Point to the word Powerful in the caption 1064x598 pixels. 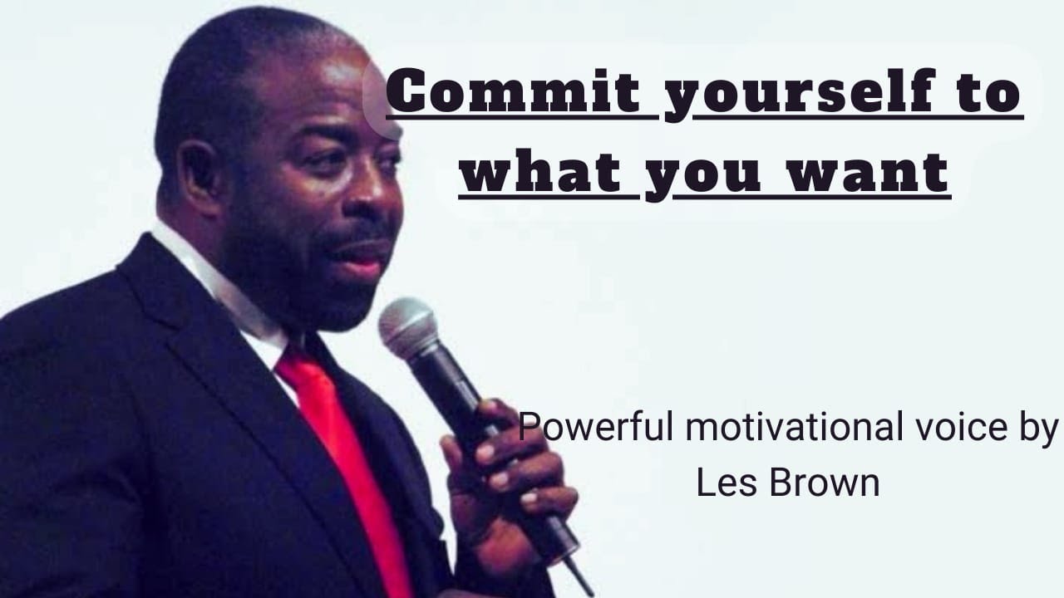(597, 429)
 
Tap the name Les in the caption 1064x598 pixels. (722, 483)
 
